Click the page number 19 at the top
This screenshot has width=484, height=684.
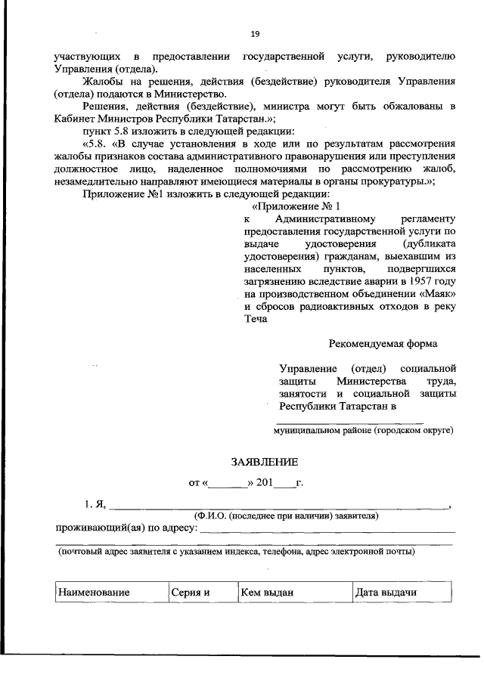click(x=255, y=34)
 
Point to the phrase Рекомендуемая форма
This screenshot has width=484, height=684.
click(x=382, y=343)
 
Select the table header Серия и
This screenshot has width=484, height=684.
click(x=189, y=593)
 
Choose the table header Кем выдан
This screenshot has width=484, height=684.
click(x=266, y=593)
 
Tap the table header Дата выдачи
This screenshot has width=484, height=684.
click(x=386, y=593)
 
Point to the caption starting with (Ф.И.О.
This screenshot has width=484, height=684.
click(x=287, y=515)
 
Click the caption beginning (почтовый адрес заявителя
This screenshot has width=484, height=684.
click(x=237, y=552)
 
